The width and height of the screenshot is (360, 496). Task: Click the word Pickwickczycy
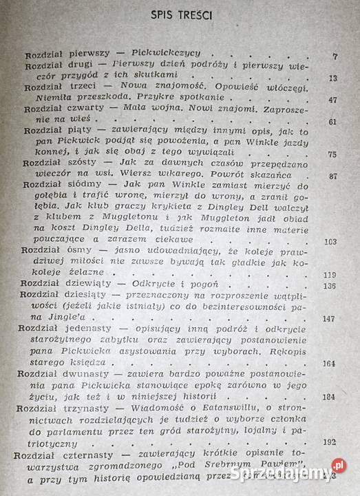coord(150,55)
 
